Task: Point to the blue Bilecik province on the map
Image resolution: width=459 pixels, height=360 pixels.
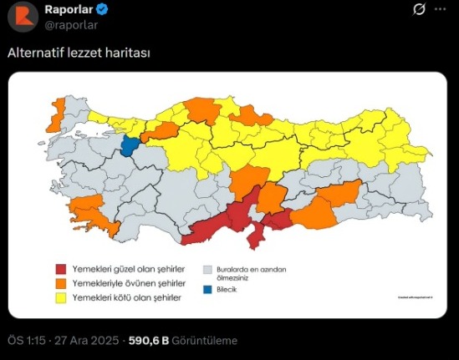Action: click(130, 147)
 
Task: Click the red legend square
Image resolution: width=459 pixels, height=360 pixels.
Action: click(61, 269)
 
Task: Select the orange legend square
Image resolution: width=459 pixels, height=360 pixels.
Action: click(61, 283)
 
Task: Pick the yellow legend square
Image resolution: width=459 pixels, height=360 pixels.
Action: click(61, 297)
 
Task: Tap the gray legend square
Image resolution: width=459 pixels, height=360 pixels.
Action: click(208, 269)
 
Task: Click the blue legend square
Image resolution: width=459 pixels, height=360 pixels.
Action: click(208, 290)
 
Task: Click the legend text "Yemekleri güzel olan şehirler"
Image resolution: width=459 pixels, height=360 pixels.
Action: click(128, 269)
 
